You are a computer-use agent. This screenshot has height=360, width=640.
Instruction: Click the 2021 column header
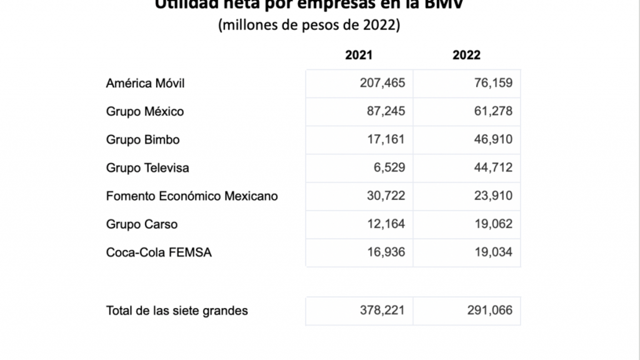point(359,55)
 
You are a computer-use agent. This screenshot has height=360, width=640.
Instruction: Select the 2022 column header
point(467,55)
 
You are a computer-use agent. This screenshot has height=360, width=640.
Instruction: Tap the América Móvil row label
point(146,83)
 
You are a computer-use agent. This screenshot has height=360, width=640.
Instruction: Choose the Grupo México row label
point(145,112)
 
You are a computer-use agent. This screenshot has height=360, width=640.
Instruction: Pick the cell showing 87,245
point(386,112)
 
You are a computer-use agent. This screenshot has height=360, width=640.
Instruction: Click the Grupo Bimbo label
point(143,140)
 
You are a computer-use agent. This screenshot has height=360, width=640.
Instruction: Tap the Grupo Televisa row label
point(147,168)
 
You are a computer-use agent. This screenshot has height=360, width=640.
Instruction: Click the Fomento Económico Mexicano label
point(192,196)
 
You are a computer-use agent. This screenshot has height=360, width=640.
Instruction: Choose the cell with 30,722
point(386,196)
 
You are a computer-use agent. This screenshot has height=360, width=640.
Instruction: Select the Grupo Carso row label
point(142,224)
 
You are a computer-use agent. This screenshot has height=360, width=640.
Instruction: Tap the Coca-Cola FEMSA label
point(159,253)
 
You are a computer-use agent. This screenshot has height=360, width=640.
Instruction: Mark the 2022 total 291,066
point(490,311)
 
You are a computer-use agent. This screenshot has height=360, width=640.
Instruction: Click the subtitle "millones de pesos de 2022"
point(309,26)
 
